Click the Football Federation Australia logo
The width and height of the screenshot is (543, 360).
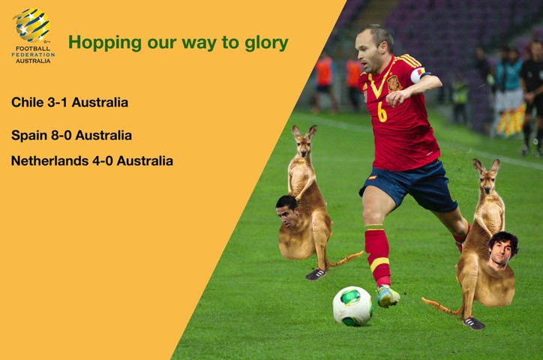click(x=32, y=34)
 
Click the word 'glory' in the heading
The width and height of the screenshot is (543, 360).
click(x=265, y=43)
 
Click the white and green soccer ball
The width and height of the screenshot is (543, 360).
click(x=352, y=305)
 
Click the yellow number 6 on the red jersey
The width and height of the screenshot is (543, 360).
click(x=382, y=112)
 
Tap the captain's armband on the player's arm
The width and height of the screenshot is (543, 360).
click(x=417, y=75)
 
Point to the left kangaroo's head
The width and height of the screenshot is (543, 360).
click(x=304, y=139)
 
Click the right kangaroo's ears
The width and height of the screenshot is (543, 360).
click(x=486, y=165)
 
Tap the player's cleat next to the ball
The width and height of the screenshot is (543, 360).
click(x=388, y=297)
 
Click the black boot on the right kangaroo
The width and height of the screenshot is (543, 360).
click(x=474, y=323)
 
